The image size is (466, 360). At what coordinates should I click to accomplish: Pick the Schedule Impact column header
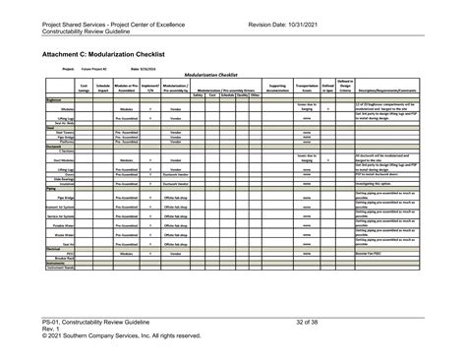click(x=101, y=89)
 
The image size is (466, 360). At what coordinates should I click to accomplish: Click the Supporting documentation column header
click(x=277, y=89)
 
